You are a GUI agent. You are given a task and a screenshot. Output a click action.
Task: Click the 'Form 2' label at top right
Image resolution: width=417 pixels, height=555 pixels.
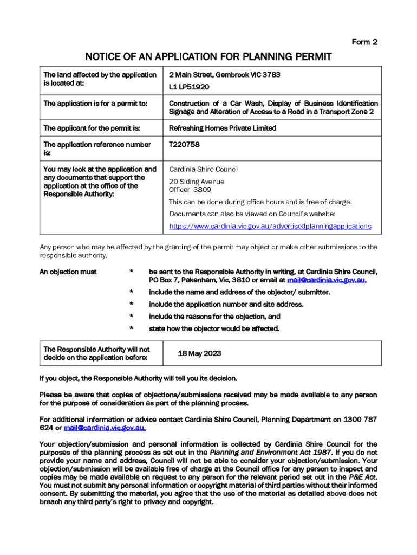364,42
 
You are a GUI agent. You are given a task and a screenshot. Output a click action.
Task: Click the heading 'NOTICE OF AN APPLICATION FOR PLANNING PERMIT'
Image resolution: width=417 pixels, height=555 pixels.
208,57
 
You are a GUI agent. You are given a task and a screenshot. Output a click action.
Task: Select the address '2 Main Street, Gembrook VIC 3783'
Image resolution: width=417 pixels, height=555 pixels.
224,74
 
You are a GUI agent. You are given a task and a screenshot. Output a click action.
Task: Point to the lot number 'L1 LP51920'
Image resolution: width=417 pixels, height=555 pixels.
189,87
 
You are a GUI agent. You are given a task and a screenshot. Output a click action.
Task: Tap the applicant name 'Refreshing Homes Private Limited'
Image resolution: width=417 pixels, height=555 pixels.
223,128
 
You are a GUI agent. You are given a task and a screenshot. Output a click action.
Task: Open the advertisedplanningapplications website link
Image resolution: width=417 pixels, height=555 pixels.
270,226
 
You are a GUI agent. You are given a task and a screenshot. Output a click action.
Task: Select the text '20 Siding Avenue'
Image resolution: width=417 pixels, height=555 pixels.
196,182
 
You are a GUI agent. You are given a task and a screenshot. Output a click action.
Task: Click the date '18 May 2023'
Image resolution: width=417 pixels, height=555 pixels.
199,353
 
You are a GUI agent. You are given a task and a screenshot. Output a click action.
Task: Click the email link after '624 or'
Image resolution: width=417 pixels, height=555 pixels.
105,428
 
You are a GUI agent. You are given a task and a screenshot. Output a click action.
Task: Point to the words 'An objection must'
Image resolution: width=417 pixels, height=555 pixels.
68,272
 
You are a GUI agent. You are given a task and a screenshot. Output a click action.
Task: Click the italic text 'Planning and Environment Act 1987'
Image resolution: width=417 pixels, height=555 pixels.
270,452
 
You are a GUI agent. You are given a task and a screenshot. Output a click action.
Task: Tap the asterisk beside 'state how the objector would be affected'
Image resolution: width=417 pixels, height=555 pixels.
131,328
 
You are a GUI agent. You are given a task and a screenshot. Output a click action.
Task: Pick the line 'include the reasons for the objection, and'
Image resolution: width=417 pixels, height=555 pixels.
214,316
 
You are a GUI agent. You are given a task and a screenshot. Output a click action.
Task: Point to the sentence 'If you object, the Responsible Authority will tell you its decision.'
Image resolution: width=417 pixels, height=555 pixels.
138,378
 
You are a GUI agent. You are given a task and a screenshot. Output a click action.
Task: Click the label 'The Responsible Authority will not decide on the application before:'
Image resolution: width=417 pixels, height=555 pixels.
96,353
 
